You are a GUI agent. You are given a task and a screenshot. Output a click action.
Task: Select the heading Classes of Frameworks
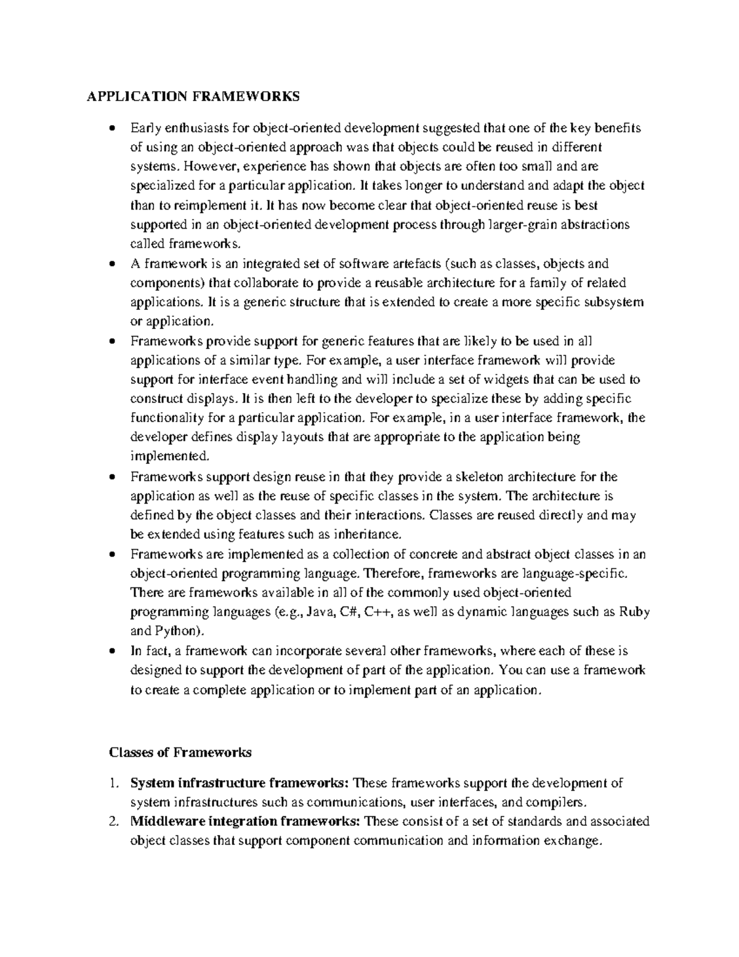pos(180,752)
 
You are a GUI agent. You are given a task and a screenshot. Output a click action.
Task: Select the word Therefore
pos(392,573)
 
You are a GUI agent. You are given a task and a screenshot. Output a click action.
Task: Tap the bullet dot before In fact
pos(111,651)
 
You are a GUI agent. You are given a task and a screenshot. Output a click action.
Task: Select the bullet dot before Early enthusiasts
pos(111,129)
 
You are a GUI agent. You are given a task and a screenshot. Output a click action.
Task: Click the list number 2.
pos(111,821)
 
